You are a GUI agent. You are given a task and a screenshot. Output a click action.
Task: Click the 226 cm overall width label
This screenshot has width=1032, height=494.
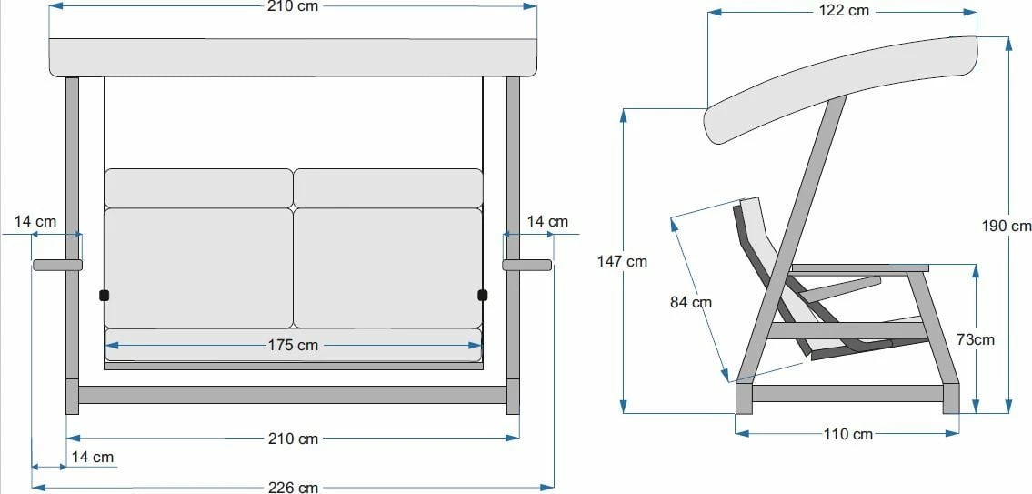[x=293, y=487]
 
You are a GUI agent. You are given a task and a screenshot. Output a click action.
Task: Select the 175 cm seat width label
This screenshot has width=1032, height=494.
[x=293, y=345]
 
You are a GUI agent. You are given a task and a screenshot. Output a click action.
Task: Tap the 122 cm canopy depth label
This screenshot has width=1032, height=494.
[x=845, y=11]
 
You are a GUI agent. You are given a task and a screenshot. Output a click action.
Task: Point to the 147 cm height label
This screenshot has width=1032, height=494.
[x=622, y=261]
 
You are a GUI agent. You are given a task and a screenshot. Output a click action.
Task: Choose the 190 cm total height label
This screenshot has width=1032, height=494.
[x=1007, y=226]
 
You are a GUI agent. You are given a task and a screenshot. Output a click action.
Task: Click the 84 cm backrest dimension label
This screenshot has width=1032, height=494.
[x=691, y=302]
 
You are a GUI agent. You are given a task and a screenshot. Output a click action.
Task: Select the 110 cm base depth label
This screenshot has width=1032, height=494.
[x=847, y=434]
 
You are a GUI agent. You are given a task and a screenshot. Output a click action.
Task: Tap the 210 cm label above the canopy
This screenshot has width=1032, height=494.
[x=293, y=6]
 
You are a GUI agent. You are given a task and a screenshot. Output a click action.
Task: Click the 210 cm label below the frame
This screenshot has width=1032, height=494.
[x=293, y=439]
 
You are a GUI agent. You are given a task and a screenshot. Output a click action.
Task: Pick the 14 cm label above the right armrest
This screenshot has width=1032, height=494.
[x=547, y=221]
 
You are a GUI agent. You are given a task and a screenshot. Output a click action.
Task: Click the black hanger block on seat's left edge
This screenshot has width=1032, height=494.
[x=104, y=295]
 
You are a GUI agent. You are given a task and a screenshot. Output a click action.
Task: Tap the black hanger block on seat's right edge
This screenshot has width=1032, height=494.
[x=482, y=295]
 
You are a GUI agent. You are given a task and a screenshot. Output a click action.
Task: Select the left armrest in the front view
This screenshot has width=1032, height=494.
[x=57, y=266]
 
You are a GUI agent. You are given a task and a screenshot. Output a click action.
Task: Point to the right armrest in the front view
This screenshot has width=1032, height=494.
[x=527, y=266]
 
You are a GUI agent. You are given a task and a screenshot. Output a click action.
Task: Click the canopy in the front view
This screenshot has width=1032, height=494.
[x=293, y=57]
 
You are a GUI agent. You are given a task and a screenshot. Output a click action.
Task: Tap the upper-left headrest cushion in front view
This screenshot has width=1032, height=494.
[x=198, y=187]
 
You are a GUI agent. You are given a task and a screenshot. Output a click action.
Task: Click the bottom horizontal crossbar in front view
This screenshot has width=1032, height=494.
[x=293, y=395]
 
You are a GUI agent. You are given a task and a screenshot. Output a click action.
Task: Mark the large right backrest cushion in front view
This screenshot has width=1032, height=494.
[x=387, y=267]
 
